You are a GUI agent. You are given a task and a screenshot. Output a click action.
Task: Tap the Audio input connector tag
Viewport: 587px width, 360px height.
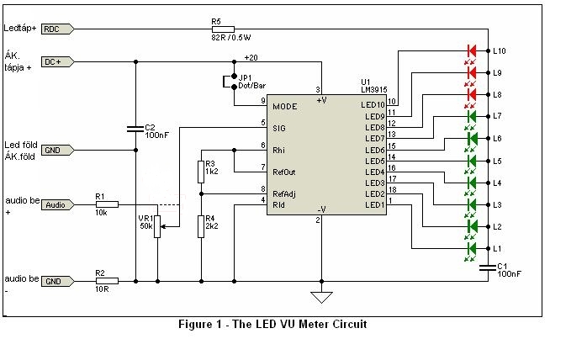click(x=56, y=204)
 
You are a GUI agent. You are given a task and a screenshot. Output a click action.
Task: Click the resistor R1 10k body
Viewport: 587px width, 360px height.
click(x=106, y=204)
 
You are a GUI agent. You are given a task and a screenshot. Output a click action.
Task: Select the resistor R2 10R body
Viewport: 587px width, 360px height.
click(x=106, y=281)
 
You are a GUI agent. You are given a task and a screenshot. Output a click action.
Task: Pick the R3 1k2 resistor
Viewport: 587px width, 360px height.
click(x=201, y=171)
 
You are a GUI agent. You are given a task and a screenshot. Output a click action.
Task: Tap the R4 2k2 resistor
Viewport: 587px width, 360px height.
click(x=201, y=226)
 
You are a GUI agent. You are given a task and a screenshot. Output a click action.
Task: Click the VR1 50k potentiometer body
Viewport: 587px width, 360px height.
click(x=157, y=226)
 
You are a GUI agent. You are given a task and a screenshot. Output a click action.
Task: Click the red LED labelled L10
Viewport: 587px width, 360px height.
click(x=471, y=50)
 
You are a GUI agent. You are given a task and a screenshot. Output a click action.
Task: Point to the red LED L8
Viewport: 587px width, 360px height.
click(x=471, y=94)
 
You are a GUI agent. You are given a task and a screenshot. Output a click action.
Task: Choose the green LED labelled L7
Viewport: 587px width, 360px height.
click(x=471, y=116)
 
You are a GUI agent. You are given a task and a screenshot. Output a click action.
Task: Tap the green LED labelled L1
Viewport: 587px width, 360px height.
click(x=471, y=249)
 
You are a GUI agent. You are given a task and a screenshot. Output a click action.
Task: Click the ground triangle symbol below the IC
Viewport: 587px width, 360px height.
click(x=320, y=297)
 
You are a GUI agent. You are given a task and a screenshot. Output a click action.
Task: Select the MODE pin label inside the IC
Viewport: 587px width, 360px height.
click(x=285, y=108)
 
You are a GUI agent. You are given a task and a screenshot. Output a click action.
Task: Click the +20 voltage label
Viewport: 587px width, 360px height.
click(x=251, y=56)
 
